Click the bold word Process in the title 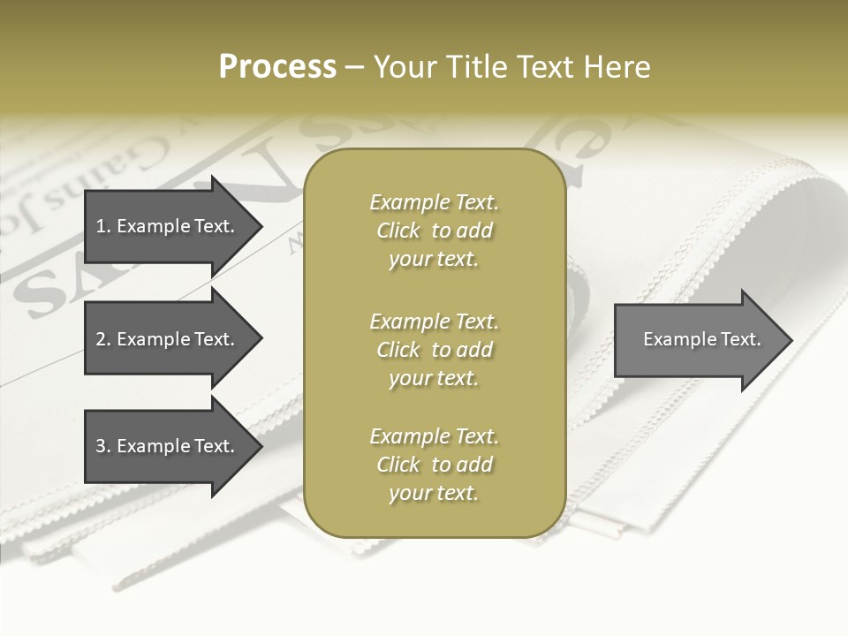pos(277,67)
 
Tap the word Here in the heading pos(618,67)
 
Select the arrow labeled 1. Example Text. pos(168,226)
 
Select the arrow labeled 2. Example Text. pos(168,339)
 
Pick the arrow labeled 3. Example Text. pos(168,446)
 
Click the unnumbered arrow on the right pos(698,339)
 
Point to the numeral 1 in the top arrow pos(101,226)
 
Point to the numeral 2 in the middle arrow pos(101,339)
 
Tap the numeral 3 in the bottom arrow pos(101,446)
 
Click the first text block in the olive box pos(434,231)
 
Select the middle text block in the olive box pos(434,350)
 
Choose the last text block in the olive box pos(434,465)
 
